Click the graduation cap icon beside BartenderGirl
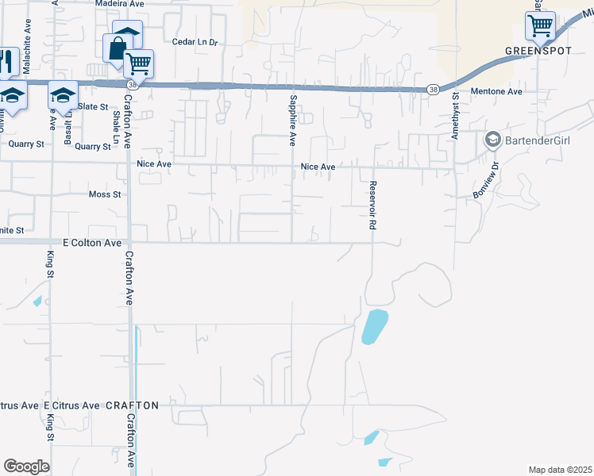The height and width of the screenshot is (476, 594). pos(492,140)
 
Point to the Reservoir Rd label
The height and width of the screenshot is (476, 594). pos(372,205)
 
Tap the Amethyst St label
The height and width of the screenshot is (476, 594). pos(456,117)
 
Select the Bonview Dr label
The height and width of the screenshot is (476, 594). pos(486,182)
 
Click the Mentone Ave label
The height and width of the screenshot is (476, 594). pos(496,92)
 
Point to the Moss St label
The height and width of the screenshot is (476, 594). pos(105,194)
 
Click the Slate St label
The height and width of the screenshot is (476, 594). pos(93,106)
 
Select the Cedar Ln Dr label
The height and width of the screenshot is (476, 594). pos(195,42)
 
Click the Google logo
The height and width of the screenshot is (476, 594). pos(26,466)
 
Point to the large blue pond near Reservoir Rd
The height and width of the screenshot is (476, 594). pos(374,326)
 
